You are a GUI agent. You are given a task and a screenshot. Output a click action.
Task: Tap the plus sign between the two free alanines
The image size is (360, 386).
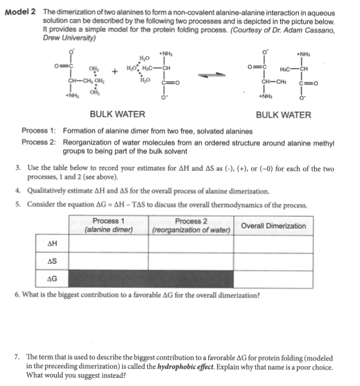pyautogui.click(x=115, y=71)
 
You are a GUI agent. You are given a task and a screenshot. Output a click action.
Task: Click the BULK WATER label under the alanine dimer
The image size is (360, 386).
pyautogui.click(x=283, y=115)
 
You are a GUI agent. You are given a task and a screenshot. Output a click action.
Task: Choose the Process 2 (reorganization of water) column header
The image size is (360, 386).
pyautogui.click(x=191, y=225)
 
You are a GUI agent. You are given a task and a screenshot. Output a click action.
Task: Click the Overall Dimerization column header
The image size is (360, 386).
pyautogui.click(x=273, y=226)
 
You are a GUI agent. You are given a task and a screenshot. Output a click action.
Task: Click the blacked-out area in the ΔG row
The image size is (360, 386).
pyautogui.click(x=150, y=279)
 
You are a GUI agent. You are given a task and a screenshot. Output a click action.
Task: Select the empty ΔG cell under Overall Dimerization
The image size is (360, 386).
pyautogui.click(x=273, y=279)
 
